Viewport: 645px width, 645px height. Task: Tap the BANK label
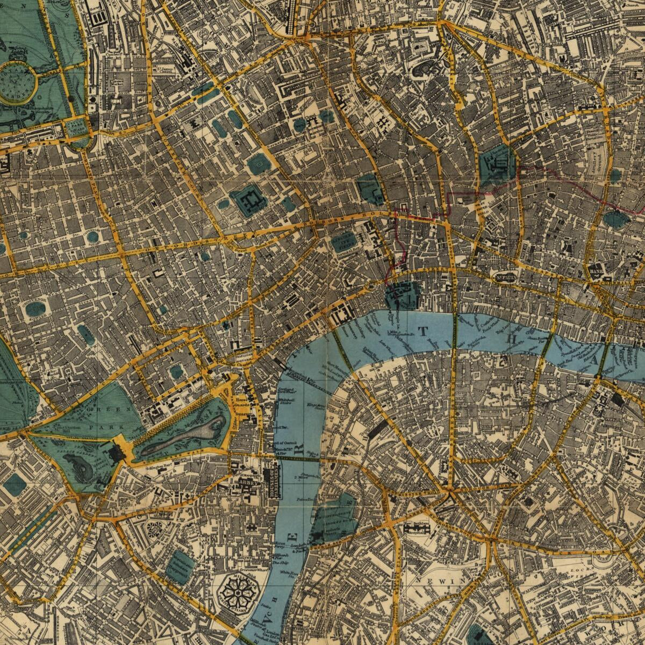[596, 271]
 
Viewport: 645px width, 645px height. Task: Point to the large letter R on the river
[302, 447]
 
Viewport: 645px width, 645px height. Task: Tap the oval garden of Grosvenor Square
[35, 309]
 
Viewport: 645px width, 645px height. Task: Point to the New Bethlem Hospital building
[418, 528]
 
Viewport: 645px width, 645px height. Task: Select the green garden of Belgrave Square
[15, 485]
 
